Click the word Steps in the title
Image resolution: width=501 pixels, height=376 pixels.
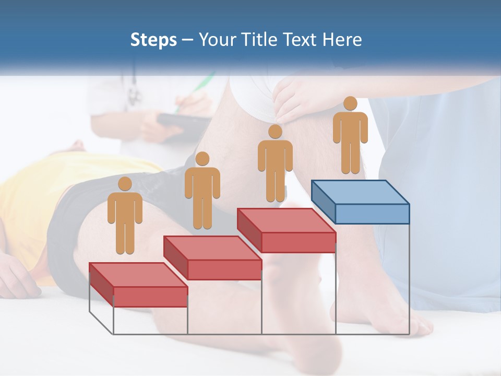click(153, 40)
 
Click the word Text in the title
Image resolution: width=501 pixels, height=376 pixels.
click(300, 40)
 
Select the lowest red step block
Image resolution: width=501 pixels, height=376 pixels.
click(138, 285)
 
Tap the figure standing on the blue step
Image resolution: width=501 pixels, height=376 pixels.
click(350, 138)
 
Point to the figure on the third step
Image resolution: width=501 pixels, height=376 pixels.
click(275, 167)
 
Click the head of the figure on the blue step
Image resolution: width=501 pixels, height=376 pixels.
click(350, 103)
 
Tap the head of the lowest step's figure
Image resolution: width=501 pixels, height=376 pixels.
click(125, 184)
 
